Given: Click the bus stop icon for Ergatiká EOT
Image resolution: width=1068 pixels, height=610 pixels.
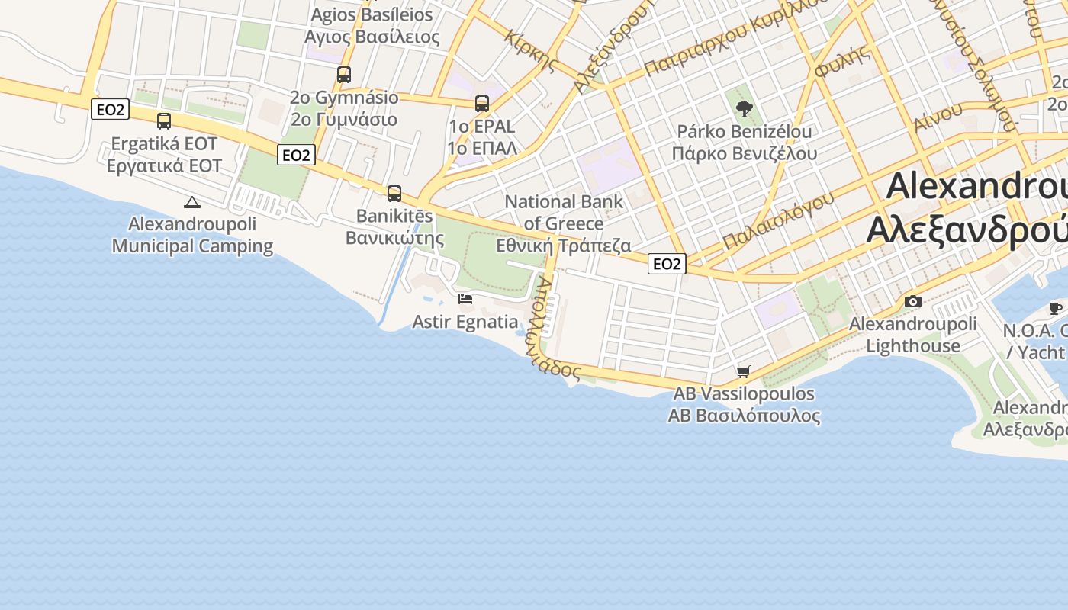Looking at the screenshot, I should coord(164,120).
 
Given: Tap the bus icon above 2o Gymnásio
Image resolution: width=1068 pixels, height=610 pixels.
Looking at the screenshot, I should coord(344,75).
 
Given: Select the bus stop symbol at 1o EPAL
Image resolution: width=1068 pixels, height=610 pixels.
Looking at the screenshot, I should coord(482,103).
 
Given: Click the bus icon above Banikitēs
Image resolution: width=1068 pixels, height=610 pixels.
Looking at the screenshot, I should coord(394,194).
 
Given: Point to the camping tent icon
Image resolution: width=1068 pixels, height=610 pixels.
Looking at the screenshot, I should coord(191,202).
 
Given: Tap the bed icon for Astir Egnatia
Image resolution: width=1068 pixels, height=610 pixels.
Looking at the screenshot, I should coord(465,299).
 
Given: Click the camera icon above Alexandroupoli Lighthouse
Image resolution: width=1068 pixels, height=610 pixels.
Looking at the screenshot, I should coord(912,301).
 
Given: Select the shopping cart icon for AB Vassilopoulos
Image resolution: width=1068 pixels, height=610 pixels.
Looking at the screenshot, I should coord(744,371).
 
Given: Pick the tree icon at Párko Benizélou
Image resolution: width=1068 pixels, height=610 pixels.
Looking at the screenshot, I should coord(745,109).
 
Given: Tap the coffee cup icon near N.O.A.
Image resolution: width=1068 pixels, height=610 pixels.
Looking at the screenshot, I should coord(1056,308).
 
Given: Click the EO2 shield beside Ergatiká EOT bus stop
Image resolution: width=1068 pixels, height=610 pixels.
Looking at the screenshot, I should coord(110,110).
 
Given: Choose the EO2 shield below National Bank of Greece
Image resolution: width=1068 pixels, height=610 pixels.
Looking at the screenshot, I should coord(667,264).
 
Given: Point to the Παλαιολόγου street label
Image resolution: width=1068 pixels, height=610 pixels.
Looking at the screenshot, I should coord(778,221).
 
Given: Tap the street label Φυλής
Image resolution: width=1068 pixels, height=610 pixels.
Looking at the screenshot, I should coord(842,61).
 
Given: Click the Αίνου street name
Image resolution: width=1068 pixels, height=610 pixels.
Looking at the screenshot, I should coord(938,117).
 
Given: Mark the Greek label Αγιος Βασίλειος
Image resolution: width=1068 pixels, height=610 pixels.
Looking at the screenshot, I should coord(372,37).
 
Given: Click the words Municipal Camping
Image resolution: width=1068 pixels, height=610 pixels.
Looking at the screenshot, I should coord(192,246).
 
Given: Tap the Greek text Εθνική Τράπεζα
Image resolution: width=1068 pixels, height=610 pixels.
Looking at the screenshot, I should coord(564,246).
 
